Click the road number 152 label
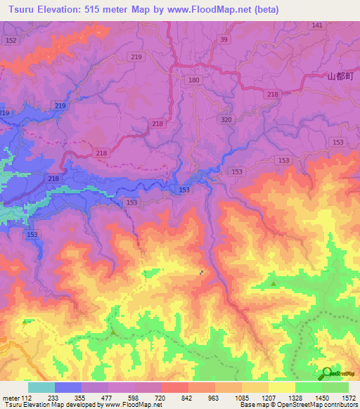(x=11, y=41)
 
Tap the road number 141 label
(x=317, y=25)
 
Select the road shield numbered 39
(x=224, y=40)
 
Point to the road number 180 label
(x=193, y=82)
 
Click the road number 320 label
(x=226, y=120)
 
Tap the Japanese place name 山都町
(x=339, y=76)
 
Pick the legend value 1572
(x=348, y=398)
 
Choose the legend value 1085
(x=241, y=398)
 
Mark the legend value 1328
(x=295, y=398)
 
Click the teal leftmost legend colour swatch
(x=41, y=387)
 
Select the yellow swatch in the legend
(x=281, y=387)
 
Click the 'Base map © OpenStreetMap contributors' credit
(x=299, y=405)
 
